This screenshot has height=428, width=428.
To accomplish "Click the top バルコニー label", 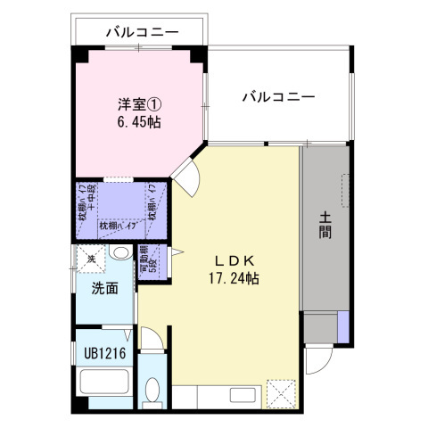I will click(142, 32).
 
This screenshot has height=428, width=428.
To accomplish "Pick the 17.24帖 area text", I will click(235, 278).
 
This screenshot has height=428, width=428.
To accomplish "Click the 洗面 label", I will click(105, 288).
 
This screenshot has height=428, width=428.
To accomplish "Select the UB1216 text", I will click(104, 353).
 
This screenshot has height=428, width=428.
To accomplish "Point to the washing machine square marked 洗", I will click(90, 259).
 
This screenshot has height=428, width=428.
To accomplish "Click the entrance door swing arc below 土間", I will click(316, 361).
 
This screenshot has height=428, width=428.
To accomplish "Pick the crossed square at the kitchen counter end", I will click(281, 393).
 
